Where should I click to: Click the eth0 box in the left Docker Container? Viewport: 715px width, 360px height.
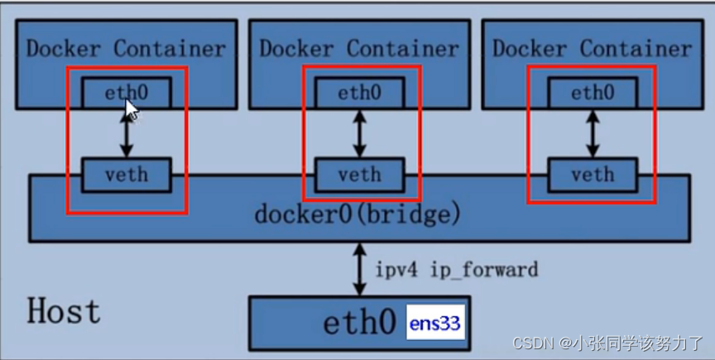[126, 92]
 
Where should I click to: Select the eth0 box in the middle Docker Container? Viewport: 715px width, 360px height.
[359, 92]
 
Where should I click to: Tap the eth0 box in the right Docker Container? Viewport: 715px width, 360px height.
[593, 92]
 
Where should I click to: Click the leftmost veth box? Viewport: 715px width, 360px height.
[126, 175]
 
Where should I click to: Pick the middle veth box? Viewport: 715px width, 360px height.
[359, 175]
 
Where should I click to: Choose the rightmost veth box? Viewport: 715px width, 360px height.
[593, 175]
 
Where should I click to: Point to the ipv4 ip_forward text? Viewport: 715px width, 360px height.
[457, 270]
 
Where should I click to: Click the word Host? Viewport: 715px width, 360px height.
[64, 311]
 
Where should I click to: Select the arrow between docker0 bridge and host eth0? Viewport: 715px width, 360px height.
[359, 269]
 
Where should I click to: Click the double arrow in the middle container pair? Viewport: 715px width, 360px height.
[359, 133]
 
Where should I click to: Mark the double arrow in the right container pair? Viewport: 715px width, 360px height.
[593, 133]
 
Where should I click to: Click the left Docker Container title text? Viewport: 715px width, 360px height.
[126, 48]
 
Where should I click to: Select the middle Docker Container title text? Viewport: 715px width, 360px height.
[359, 48]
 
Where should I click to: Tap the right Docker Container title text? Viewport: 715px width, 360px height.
[593, 48]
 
